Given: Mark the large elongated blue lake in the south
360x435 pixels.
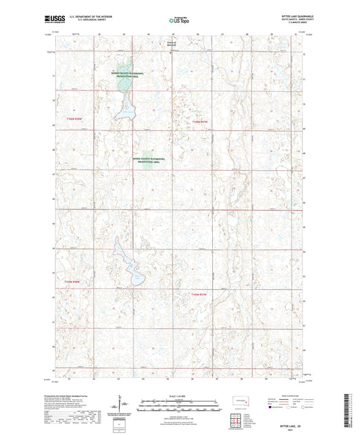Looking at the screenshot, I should [128, 266].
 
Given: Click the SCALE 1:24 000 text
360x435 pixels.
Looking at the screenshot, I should [179, 395].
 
